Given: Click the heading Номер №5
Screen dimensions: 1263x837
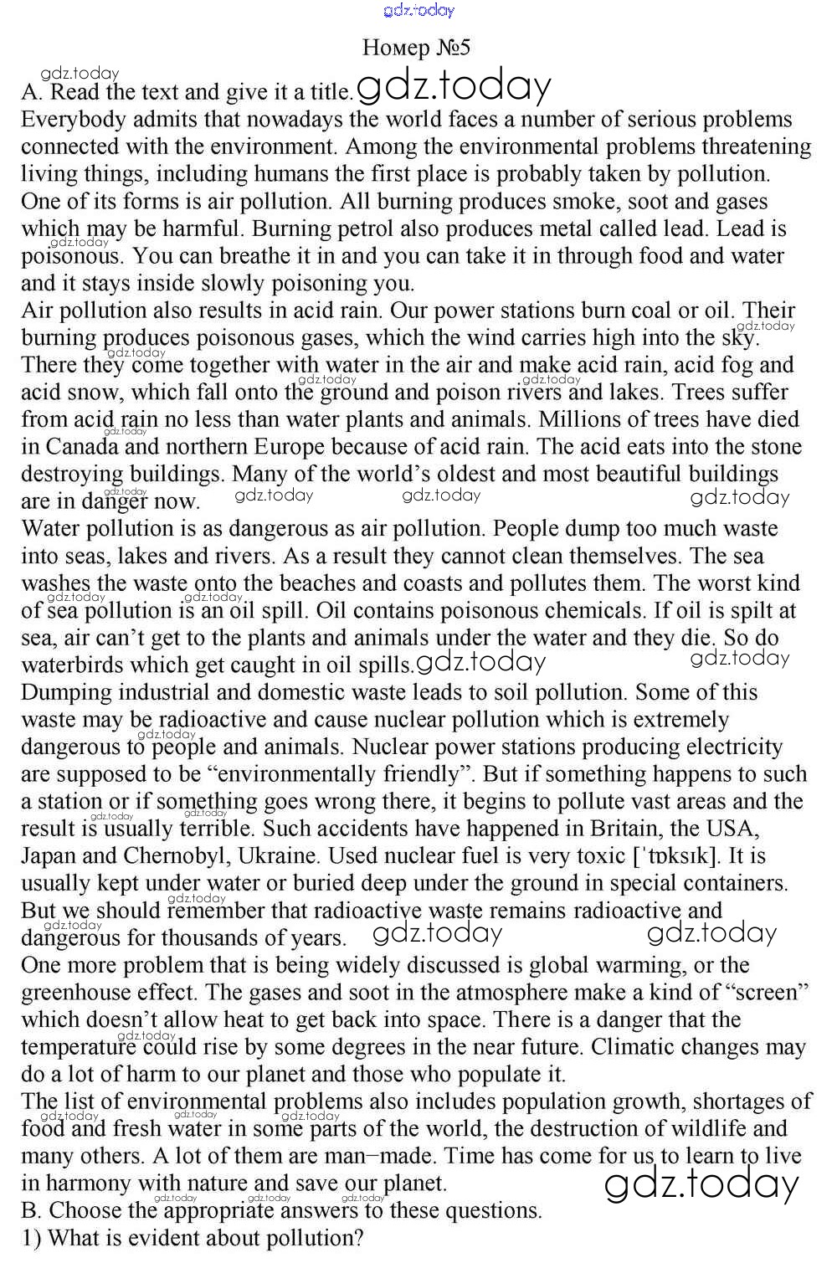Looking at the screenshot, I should coord(416,48).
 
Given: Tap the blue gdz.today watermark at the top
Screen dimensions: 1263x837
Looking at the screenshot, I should coord(418,11).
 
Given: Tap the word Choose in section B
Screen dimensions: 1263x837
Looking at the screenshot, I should coord(85,1211).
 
